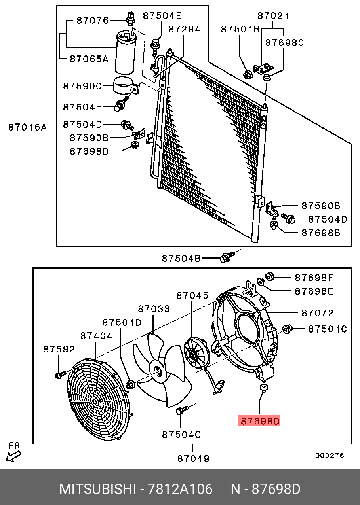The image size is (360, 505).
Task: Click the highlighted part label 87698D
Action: pyautogui.click(x=259, y=421)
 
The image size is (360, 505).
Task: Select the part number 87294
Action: pyautogui.click(x=184, y=29)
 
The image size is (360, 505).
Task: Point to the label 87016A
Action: pyautogui.click(x=28, y=127)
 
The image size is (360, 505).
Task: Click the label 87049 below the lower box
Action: pyautogui.click(x=193, y=459)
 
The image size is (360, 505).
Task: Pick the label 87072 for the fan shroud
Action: pyautogui.click(x=317, y=313)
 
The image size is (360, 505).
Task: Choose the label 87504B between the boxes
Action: pyautogui.click(x=181, y=258)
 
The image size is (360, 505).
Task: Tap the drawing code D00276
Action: pyautogui.click(x=330, y=456)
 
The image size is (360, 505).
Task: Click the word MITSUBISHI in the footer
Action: pyautogui.click(x=97, y=489)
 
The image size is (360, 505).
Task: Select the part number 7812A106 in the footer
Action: pyautogui.click(x=180, y=489)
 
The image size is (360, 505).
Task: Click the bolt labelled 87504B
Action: pyautogui.click(x=227, y=257)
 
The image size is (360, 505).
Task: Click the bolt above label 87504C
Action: pyautogui.click(x=182, y=410)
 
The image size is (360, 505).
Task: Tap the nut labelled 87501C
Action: pyautogui.click(x=288, y=329)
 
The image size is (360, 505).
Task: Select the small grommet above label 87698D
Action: pyautogui.click(x=263, y=387)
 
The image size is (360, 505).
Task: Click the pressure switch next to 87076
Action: pyautogui.click(x=131, y=19)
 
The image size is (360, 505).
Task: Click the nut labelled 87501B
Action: pyautogui.click(x=248, y=74)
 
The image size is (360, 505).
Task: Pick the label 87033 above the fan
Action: pyautogui.click(x=154, y=309)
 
